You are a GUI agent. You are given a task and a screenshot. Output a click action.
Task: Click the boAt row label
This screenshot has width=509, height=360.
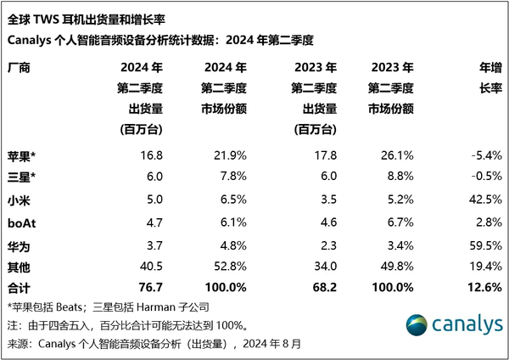click(24, 223)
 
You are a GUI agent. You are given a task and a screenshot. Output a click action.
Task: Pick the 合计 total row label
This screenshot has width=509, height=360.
click(20, 286)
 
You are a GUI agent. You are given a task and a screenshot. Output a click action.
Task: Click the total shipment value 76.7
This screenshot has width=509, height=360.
click(149, 286)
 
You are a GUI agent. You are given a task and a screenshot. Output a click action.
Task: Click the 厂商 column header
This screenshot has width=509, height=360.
click(20, 67)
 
